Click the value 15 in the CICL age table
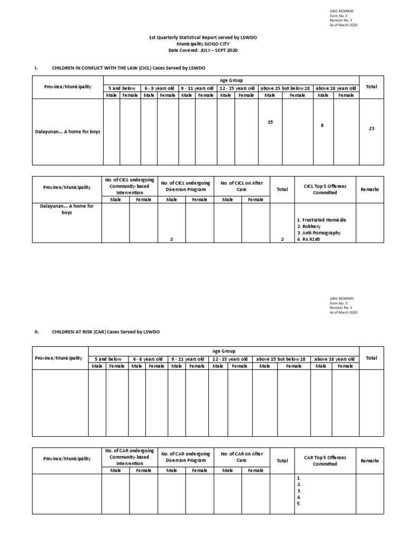coord(270,122)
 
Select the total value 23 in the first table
coord(372,128)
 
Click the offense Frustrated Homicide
coord(321,220)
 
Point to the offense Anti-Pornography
coord(318,232)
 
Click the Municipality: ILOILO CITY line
coord(203,44)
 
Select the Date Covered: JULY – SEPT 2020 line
coord(203,50)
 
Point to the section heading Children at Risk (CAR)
coord(105,331)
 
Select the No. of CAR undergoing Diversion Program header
coord(186,457)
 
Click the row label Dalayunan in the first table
coord(67,132)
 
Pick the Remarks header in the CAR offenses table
coord(370,460)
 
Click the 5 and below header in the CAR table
coord(108,359)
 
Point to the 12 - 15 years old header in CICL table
coord(236,88)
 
